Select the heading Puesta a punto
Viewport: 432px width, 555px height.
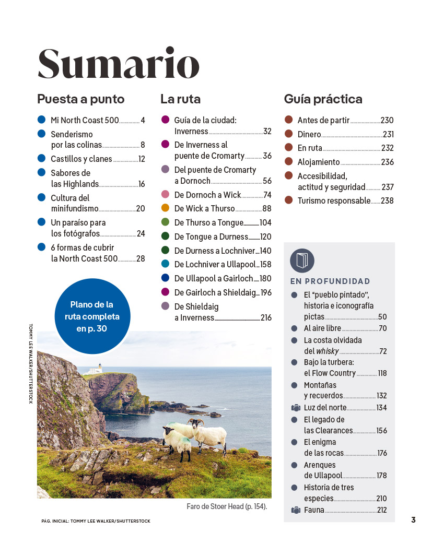point(80,99)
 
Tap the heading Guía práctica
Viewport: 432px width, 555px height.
point(323,99)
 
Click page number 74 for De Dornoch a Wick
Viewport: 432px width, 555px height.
point(267,195)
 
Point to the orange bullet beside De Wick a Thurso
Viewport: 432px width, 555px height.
point(165,208)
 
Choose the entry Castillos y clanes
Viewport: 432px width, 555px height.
point(81,159)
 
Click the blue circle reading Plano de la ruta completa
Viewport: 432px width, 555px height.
point(92,316)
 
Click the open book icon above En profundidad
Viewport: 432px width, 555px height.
point(302,261)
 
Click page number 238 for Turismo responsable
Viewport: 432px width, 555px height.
point(387,200)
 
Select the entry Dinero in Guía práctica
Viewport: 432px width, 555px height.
point(309,134)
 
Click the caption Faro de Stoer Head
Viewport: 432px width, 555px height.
point(226,506)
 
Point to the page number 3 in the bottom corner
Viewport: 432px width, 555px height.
point(413,519)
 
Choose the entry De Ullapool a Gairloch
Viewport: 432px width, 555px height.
point(213,278)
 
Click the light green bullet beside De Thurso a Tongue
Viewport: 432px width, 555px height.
point(165,222)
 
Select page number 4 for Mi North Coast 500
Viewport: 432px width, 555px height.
point(143,120)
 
